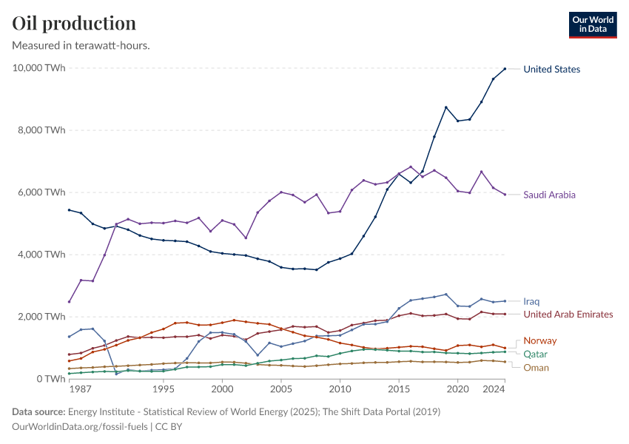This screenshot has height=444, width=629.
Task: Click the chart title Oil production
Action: (x=74, y=23)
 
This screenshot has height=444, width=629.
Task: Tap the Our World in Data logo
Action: (x=592, y=24)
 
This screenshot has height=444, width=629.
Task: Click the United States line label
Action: (x=551, y=70)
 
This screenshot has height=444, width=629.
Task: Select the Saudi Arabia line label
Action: (x=549, y=195)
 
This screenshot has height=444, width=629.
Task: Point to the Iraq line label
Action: (x=531, y=302)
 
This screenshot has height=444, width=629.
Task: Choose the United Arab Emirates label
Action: (x=568, y=314)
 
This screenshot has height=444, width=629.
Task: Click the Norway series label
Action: (x=539, y=341)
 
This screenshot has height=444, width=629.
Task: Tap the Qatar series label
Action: (x=535, y=354)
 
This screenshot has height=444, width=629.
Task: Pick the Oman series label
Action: (x=536, y=367)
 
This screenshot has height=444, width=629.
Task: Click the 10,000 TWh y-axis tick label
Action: (x=38, y=68)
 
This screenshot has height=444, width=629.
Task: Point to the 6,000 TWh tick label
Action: (x=41, y=192)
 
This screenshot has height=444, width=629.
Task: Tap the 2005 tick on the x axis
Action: (x=281, y=389)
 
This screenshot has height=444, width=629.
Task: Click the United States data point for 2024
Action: (x=505, y=69)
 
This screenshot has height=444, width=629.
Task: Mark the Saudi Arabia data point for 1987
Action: (x=69, y=301)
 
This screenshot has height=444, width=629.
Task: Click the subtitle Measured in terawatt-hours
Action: (x=81, y=45)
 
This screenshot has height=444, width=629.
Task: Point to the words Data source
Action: (x=38, y=411)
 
